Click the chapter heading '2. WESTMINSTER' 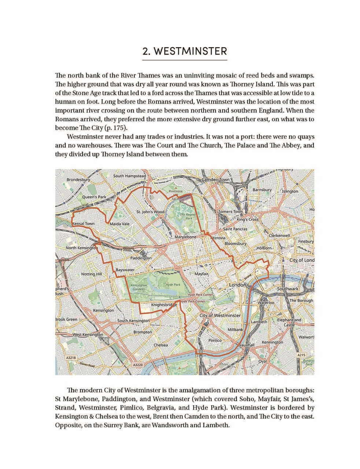(x=185, y=51)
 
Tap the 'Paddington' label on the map (x=141, y=258)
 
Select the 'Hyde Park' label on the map (x=173, y=284)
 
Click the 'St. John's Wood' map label (x=150, y=212)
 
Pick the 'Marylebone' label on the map (x=185, y=237)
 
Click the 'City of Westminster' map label (x=220, y=315)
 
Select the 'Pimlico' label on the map (x=215, y=340)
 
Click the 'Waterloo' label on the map (x=266, y=303)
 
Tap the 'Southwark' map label (x=287, y=289)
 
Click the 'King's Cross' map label (x=248, y=219)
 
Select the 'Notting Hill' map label (x=91, y=274)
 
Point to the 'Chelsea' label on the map (x=161, y=345)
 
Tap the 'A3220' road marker (x=138, y=365)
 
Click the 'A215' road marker (x=301, y=355)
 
